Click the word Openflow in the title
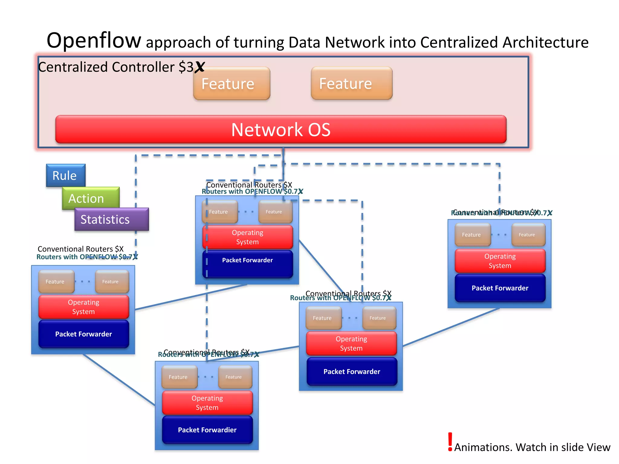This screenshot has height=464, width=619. point(94,40)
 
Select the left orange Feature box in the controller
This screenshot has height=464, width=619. point(232,84)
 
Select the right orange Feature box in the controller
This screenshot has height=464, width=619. point(352,84)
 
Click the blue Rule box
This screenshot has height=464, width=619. point(66,175)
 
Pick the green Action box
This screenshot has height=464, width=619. point(90,198)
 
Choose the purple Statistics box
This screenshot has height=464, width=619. point(111,219)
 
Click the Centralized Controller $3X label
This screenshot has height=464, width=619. point(121,67)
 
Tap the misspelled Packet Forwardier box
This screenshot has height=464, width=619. point(207,430)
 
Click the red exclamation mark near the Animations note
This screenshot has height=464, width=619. point(450,441)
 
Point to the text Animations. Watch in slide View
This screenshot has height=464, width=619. point(532,447)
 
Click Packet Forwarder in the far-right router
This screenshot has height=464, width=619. point(500,288)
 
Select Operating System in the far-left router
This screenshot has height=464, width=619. point(84,307)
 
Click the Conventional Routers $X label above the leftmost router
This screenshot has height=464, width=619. point(80,249)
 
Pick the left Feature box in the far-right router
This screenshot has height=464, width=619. point(472,235)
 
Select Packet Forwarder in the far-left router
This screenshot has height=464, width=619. point(84,334)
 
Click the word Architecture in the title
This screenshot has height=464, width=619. point(545,42)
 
